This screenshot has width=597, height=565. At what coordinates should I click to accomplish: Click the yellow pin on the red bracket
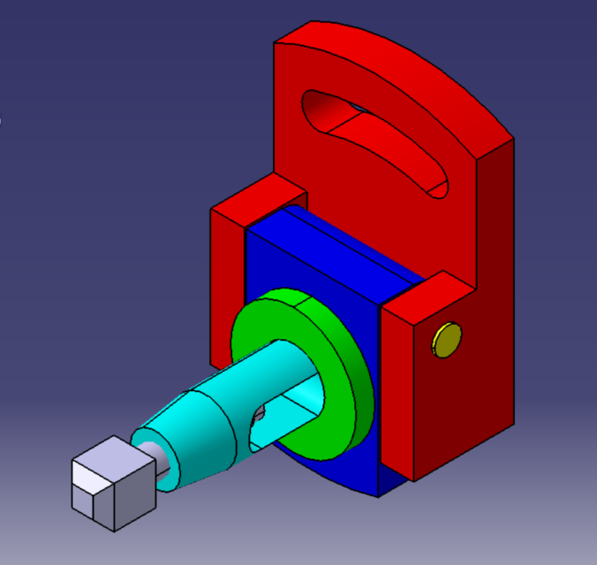tap(447, 340)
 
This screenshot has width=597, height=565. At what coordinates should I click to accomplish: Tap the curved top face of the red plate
tap(397, 71)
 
